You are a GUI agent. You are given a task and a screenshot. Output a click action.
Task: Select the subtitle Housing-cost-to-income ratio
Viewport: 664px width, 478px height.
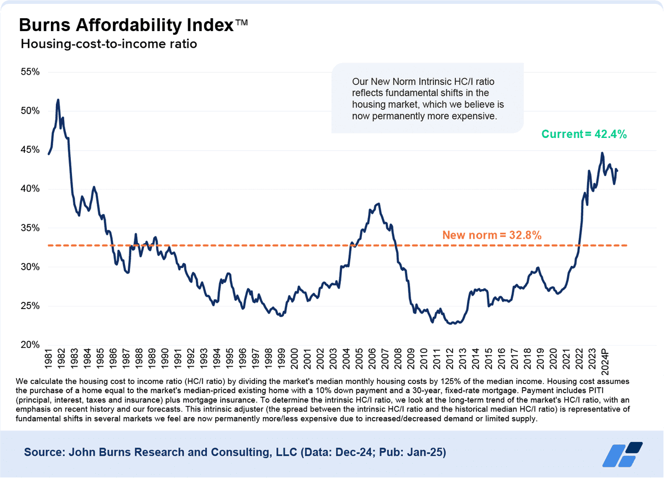tap(108, 44)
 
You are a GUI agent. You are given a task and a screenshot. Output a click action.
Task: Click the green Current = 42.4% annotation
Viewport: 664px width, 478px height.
tap(584, 134)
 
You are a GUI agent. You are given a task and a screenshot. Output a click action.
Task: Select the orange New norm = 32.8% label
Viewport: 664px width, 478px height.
tap(491, 235)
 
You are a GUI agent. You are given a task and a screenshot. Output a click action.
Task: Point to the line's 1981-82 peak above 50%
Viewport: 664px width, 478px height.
tap(58, 100)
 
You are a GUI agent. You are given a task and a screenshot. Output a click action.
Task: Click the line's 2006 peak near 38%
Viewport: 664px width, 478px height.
tap(378, 203)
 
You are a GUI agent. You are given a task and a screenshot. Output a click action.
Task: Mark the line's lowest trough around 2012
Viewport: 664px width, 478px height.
tap(454, 323)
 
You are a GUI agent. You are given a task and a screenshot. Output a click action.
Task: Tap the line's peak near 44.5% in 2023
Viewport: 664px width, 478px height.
tap(602, 153)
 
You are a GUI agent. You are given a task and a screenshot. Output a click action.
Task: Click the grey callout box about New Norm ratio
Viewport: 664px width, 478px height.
tap(427, 99)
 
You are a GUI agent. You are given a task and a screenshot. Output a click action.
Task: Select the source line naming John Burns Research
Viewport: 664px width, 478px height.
tap(235, 453)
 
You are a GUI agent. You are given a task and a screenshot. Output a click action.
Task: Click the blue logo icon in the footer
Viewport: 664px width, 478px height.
tap(622, 454)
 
